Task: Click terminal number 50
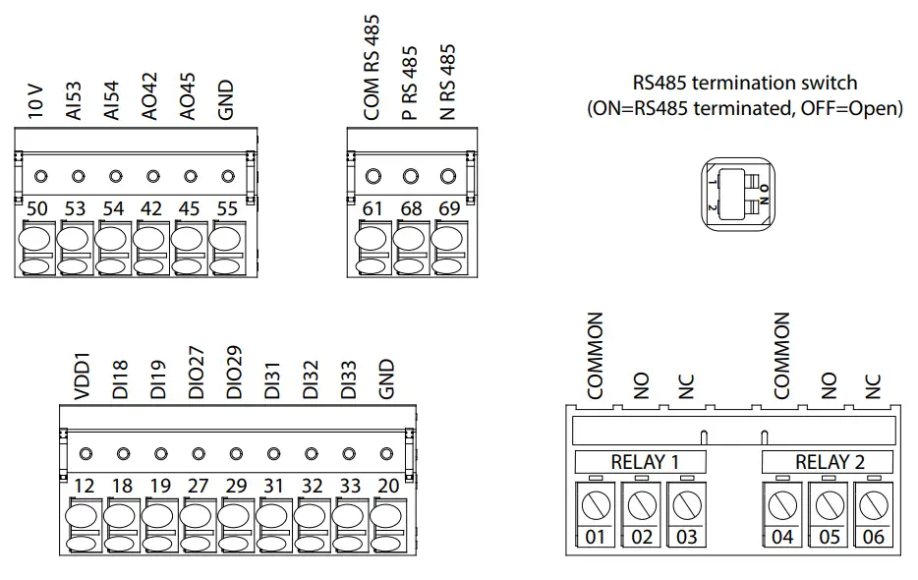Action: (37, 209)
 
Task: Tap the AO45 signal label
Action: (189, 100)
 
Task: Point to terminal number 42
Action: (151, 209)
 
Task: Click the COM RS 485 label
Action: (373, 67)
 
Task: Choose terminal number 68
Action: (411, 209)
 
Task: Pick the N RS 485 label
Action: (449, 82)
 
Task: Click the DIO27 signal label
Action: (198, 373)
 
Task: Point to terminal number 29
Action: (236, 486)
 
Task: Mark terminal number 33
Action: (349, 486)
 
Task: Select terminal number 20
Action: (387, 486)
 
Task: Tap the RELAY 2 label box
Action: (829, 462)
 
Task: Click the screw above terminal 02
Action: (642, 506)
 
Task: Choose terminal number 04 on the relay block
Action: (782, 537)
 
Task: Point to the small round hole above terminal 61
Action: (373, 177)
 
